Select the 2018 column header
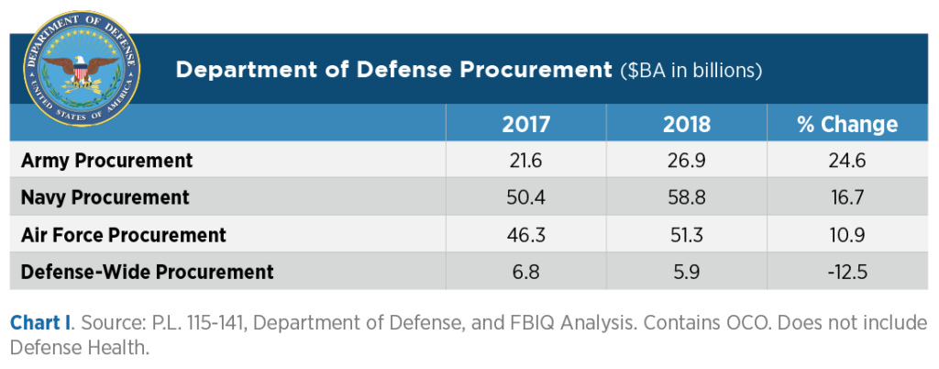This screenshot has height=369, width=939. (x=687, y=124)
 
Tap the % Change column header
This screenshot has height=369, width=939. (x=847, y=124)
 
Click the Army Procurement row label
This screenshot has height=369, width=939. (x=107, y=161)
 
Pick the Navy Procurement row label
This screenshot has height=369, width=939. (x=105, y=197)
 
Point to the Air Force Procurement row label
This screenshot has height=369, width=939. (x=124, y=235)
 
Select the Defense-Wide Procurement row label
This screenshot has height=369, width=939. (x=148, y=272)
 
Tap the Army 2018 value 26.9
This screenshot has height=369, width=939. (x=687, y=161)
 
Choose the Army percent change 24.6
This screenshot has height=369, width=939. (x=847, y=161)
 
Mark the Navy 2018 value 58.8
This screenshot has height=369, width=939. (x=687, y=197)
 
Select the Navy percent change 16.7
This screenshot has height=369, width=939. (x=847, y=197)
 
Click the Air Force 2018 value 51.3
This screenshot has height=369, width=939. (x=687, y=235)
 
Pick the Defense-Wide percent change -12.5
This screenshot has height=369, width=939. (x=847, y=272)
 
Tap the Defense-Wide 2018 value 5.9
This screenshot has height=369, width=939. (x=687, y=272)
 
